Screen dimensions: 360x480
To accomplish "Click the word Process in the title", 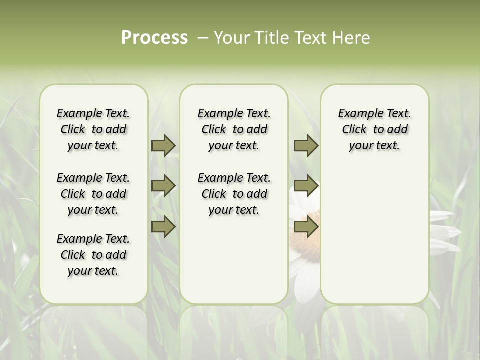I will pyautogui.click(x=154, y=38).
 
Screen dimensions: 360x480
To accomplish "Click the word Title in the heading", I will pyautogui.click(x=270, y=38).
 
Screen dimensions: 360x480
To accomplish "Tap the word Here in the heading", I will pyautogui.click(x=351, y=38).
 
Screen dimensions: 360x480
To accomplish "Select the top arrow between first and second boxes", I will pyautogui.click(x=163, y=145).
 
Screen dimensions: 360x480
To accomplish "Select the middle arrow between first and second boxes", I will pyautogui.click(x=163, y=186).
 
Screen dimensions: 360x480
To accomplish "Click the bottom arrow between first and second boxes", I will pyautogui.click(x=163, y=227).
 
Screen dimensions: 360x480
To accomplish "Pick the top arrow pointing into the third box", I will pyautogui.click(x=306, y=145).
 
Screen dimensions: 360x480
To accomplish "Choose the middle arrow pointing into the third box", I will pyautogui.click(x=306, y=186).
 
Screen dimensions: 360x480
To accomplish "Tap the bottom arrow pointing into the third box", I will pyautogui.click(x=306, y=227).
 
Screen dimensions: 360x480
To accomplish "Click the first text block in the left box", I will pyautogui.click(x=93, y=129).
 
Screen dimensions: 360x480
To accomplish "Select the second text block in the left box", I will pyautogui.click(x=93, y=194).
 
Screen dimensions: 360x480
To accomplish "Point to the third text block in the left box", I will pyautogui.click(x=93, y=255).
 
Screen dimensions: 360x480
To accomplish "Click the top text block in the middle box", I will pyautogui.click(x=234, y=129).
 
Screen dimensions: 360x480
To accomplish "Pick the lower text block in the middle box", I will pyautogui.click(x=234, y=194).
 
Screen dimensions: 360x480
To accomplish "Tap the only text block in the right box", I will pyautogui.click(x=374, y=129).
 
